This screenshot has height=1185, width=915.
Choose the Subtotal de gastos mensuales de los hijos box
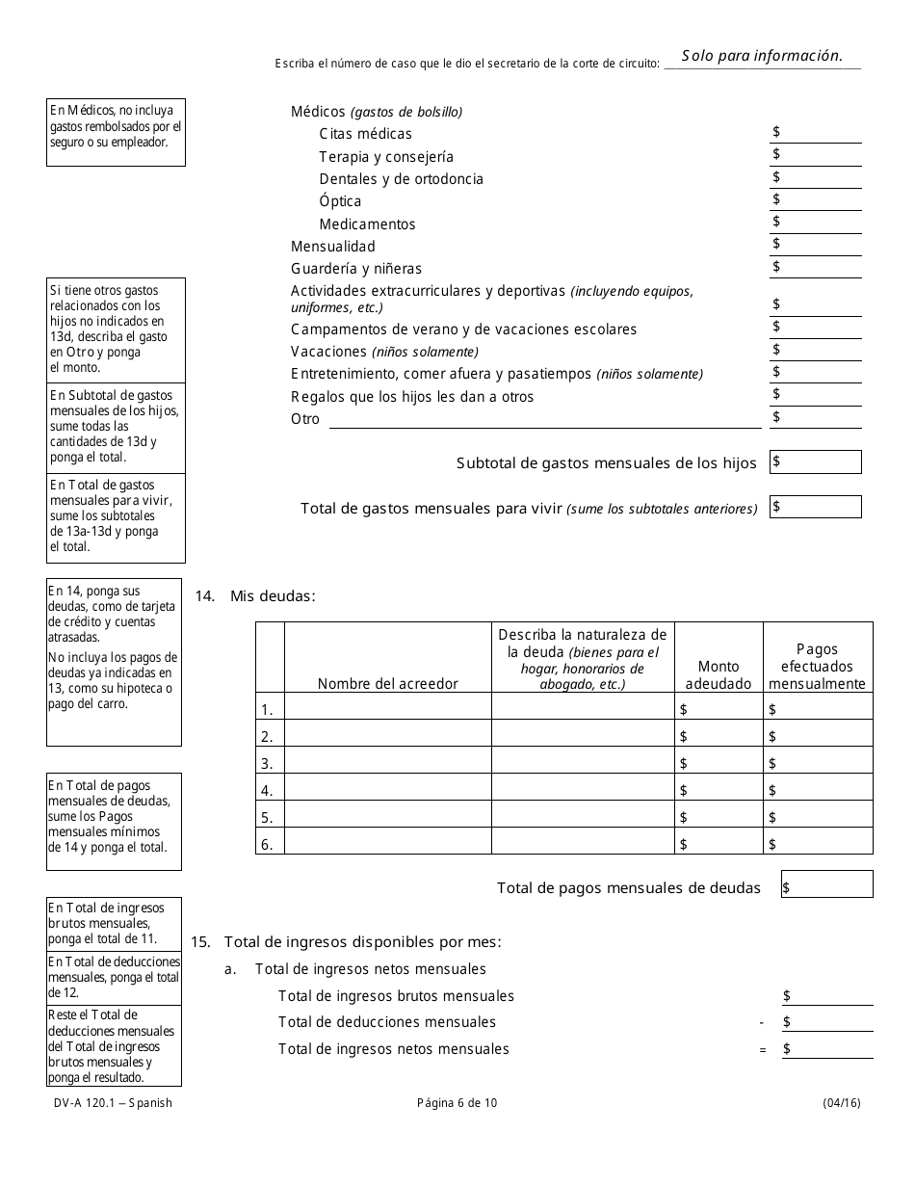(816, 462)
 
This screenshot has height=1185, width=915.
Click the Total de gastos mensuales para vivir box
(816, 507)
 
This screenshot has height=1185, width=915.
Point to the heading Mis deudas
(273, 596)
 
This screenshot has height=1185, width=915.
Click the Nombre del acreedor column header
(388, 683)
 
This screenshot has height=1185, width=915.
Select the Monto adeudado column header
(719, 674)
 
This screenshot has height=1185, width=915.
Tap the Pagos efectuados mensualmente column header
(818, 667)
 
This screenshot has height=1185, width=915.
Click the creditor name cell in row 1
(388, 707)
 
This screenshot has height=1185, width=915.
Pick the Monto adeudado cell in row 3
(719, 763)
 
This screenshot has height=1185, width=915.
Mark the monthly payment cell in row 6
(818, 844)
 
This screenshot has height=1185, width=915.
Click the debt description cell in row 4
(583, 790)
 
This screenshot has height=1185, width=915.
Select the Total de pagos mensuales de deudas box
(827, 885)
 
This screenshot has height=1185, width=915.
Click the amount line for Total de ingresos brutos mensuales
(827, 996)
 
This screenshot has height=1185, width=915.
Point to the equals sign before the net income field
(763, 1050)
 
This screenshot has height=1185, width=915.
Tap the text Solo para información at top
(762, 56)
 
